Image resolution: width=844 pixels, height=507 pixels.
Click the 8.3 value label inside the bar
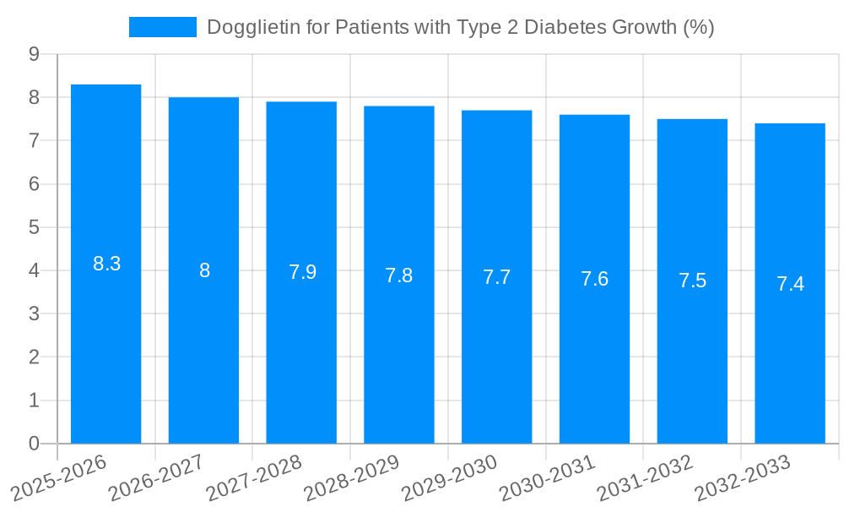[x=107, y=264]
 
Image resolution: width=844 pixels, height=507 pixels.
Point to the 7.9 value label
[x=302, y=272]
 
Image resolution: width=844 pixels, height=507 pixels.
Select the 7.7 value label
[x=497, y=277]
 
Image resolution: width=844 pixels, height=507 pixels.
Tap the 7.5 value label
[x=692, y=281]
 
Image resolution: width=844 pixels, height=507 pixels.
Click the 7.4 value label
[x=790, y=284]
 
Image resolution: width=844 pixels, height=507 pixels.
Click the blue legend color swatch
[x=162, y=27]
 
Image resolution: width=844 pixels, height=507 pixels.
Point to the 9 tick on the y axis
[x=34, y=54]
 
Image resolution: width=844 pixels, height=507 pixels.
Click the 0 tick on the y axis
[x=34, y=444]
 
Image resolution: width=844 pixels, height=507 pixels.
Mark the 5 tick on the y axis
[x=34, y=227]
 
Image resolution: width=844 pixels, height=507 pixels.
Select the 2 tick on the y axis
[x=34, y=357]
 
